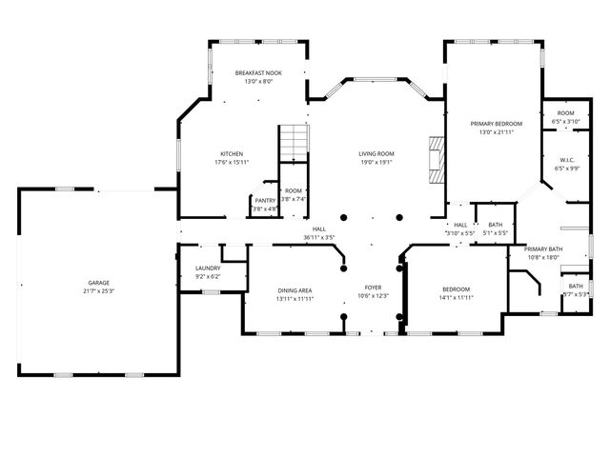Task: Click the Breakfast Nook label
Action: [x=258, y=73]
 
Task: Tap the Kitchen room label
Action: [x=232, y=153]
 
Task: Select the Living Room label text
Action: [x=376, y=153]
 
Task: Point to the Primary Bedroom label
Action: [x=496, y=124]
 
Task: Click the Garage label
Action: [x=99, y=283]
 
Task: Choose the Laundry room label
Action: [x=208, y=268]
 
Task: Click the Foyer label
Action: [x=373, y=287]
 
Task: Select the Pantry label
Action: [x=264, y=201]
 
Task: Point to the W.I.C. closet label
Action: [x=565, y=160]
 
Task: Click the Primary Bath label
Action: [x=543, y=248]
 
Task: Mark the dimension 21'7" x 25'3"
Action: [x=99, y=291]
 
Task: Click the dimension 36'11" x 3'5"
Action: [x=318, y=236]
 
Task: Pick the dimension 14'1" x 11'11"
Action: [x=455, y=298]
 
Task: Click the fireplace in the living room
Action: [x=436, y=159]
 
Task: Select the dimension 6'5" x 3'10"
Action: [x=565, y=122]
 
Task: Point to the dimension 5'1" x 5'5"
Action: [x=495, y=232]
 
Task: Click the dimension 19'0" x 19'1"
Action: [x=376, y=162]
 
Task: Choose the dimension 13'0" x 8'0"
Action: [x=258, y=82]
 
